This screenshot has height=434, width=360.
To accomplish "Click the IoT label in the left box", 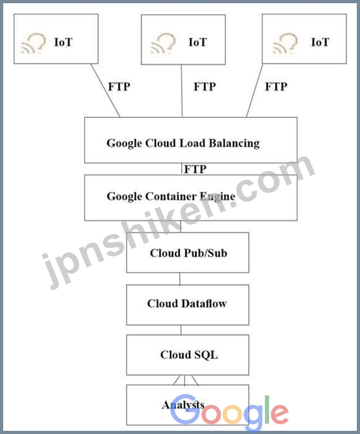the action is [x=63, y=42].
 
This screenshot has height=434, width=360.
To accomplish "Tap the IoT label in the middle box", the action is [x=198, y=42].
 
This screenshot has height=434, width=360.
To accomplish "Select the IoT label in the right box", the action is [x=320, y=42].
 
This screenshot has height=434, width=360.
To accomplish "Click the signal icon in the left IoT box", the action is [x=33, y=43].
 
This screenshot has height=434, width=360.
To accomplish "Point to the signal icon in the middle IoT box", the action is [x=163, y=43].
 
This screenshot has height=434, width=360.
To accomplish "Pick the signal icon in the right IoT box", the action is [x=285, y=43].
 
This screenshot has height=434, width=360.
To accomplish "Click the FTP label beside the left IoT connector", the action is [x=119, y=87].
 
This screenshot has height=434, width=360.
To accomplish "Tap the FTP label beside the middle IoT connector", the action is [x=205, y=87].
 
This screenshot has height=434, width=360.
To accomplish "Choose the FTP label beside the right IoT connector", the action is [x=276, y=87].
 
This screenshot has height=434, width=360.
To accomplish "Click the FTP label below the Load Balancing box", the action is [x=195, y=169].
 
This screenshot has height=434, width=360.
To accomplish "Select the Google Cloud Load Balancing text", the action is [x=183, y=143].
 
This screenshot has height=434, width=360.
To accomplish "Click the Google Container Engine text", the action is [x=171, y=196].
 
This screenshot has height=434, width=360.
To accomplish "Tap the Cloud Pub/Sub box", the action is [x=188, y=252].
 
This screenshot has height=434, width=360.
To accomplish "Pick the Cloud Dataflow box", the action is [x=188, y=304].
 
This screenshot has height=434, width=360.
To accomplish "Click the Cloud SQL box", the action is [x=188, y=355].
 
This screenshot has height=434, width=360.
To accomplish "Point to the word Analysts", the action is [x=183, y=405].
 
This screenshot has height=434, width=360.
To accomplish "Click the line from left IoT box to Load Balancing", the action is [x=106, y=91].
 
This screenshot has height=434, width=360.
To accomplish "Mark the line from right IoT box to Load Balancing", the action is [x=254, y=91].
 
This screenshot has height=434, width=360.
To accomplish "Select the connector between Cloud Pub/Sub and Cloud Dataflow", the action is [x=180, y=279].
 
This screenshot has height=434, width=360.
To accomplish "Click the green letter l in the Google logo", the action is [x=267, y=409].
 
